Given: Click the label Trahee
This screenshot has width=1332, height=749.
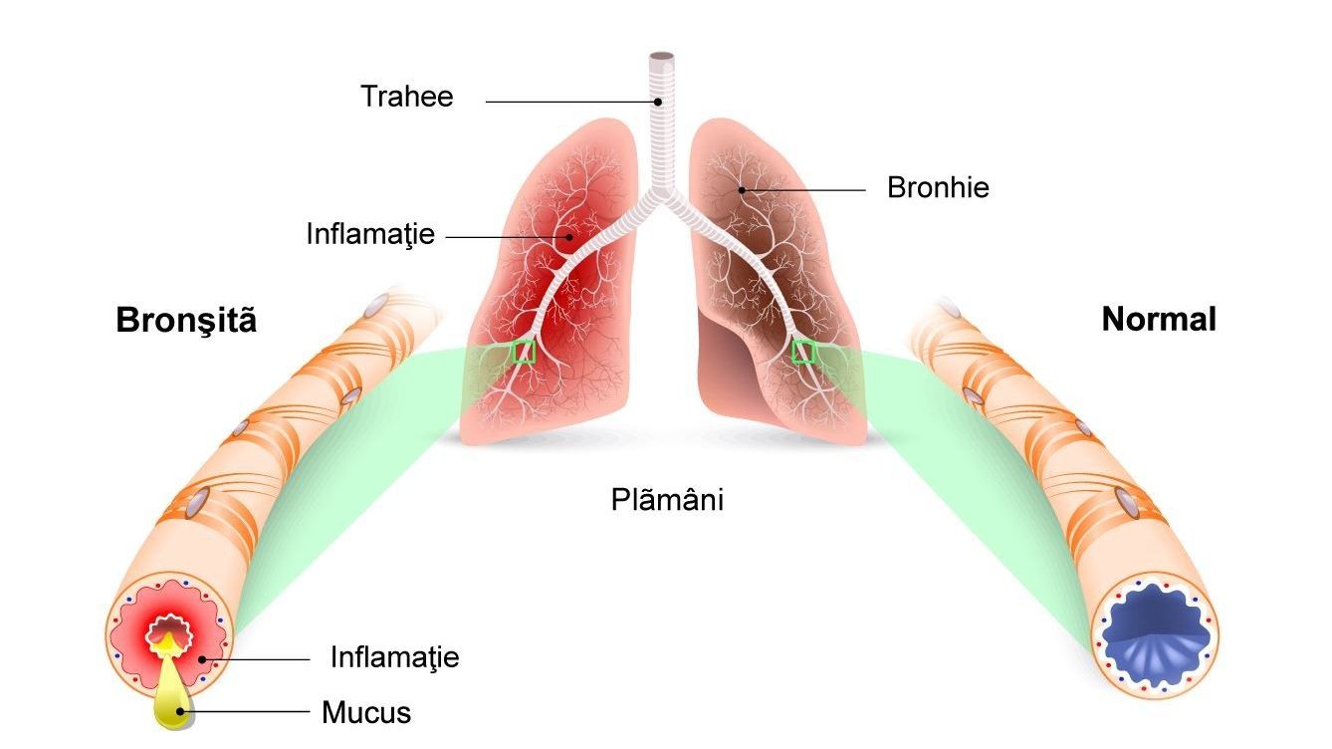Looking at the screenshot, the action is [x=407, y=97].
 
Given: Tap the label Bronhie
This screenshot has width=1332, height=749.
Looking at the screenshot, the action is [x=938, y=188].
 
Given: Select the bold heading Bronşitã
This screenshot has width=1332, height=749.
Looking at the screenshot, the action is [x=186, y=320].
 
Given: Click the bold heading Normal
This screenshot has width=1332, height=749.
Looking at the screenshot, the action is [x=1159, y=319].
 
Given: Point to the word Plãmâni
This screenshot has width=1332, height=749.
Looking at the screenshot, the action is [x=667, y=499].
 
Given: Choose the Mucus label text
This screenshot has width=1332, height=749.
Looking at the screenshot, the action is [x=366, y=712].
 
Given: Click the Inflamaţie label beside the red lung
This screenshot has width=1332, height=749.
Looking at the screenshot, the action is [x=370, y=234].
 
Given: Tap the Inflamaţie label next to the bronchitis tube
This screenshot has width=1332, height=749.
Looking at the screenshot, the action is [x=395, y=658].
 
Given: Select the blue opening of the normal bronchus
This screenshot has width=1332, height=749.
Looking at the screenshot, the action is [x=1156, y=633].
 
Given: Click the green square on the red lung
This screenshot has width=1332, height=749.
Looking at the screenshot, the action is [x=524, y=352].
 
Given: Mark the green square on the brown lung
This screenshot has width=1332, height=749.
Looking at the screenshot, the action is [x=802, y=352].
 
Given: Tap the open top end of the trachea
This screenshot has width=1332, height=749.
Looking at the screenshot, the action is [x=661, y=57].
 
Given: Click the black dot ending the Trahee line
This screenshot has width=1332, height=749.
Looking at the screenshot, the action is [x=658, y=102].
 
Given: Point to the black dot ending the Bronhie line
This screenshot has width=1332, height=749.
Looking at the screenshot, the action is [x=742, y=190].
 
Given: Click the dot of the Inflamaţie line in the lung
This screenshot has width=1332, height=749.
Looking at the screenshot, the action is [x=569, y=237].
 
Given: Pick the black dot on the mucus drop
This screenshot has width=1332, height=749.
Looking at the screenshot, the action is [x=179, y=711].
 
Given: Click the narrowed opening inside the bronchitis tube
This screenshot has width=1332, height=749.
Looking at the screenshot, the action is [x=169, y=630].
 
